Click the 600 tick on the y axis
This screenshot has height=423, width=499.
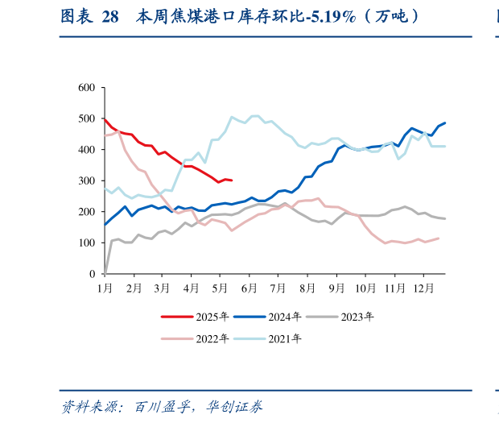[x=86, y=88]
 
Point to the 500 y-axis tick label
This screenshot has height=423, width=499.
[x=86, y=119]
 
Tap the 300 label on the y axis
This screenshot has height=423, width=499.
[x=86, y=181]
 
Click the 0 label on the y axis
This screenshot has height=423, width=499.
[x=92, y=275]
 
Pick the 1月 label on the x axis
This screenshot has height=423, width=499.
[x=105, y=288]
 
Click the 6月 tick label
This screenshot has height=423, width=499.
[x=249, y=288]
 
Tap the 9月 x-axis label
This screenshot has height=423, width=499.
[x=336, y=288]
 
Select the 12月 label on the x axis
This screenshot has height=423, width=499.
[x=422, y=288]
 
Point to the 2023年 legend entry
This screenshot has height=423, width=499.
[x=357, y=317]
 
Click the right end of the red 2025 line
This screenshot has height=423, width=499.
[x=232, y=180]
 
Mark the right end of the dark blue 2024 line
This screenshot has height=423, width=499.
[x=445, y=123]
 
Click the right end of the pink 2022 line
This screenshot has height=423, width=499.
[x=439, y=238]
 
